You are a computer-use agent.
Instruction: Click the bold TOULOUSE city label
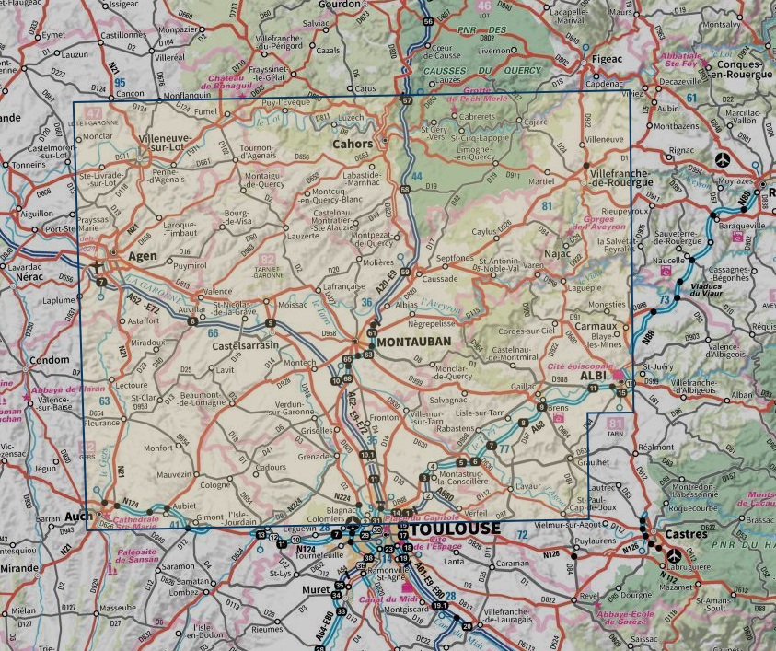(457, 529)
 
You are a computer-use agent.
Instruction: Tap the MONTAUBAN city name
(414, 342)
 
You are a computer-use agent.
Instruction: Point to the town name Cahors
(353, 145)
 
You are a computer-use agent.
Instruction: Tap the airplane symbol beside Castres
(676, 555)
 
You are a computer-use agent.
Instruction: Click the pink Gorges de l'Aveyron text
(594, 223)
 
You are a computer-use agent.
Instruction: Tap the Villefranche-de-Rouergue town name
(620, 177)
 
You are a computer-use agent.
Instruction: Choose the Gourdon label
(332, 6)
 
